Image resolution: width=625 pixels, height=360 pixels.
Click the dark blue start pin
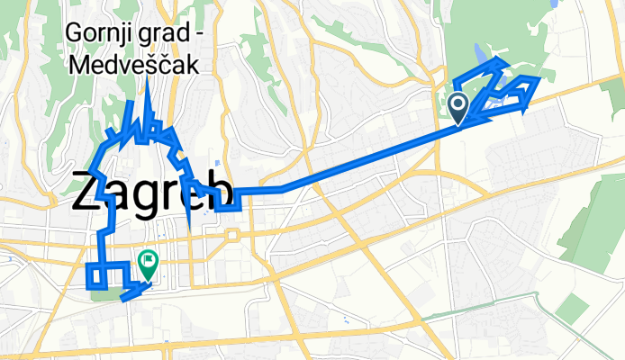pos(457,109)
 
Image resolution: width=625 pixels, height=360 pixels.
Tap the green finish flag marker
pos(148,262)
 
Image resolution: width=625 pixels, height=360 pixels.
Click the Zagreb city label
pos(151,192)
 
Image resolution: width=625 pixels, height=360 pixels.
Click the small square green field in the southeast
pos(572,310)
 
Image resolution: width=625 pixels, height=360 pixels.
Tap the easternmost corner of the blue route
pos(539,79)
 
